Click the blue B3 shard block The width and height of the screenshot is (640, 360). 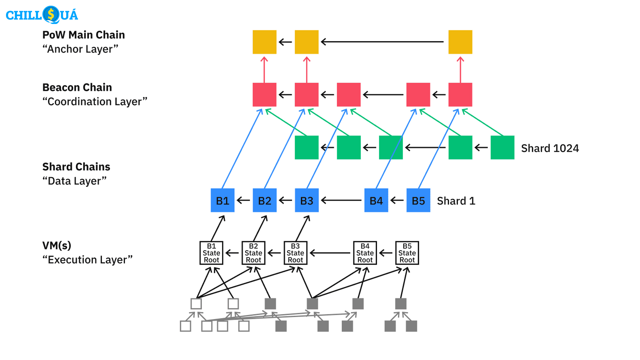click(x=307, y=200)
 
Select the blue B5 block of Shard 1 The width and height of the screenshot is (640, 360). click(x=418, y=200)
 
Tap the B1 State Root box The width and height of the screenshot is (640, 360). click(x=211, y=253)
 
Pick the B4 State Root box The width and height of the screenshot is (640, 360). click(x=365, y=253)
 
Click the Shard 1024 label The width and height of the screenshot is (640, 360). click(x=550, y=148)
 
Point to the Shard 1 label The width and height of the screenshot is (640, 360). click(x=456, y=201)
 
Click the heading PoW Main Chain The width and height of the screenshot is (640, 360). click(x=83, y=35)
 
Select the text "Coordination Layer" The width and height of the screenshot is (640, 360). click(x=95, y=101)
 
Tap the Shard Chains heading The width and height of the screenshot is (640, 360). click(x=76, y=167)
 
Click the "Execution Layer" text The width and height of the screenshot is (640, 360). click(x=87, y=260)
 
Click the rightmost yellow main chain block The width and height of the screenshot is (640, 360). click(x=460, y=42)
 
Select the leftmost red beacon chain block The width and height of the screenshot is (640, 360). click(x=264, y=95)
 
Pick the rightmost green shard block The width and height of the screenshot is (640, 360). click(x=502, y=147)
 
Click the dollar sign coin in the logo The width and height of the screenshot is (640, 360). click(x=51, y=14)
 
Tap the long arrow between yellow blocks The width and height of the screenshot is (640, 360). click(x=382, y=42)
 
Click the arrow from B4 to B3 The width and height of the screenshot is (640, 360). click(x=341, y=200)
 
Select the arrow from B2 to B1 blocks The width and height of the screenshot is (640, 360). click(x=243, y=200)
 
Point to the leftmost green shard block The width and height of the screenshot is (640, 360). click(x=307, y=147)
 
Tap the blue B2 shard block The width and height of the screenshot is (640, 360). click(x=265, y=200)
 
